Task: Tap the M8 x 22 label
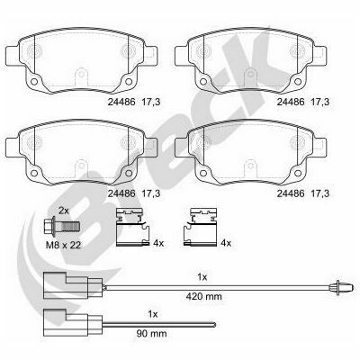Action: [x=63, y=245]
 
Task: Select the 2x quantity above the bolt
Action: [x=64, y=211]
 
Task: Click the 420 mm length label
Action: [x=204, y=297]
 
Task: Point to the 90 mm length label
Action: [x=152, y=333]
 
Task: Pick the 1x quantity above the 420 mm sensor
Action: [x=202, y=277]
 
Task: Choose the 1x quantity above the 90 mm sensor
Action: [x=153, y=314]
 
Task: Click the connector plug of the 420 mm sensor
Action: [x=73, y=285]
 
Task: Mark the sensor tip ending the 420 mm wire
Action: [x=340, y=288]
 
